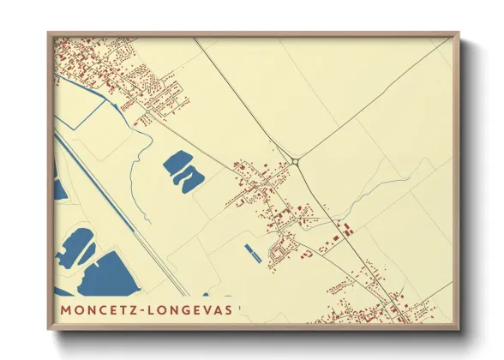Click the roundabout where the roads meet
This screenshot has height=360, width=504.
point(296,160)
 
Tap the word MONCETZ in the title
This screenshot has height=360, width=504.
point(93,309)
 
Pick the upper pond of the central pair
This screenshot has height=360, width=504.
point(180,160)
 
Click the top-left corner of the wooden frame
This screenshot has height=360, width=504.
point(49,34)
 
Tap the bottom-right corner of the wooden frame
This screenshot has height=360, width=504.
point(459,329)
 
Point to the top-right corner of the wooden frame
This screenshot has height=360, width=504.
point(459,34)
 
